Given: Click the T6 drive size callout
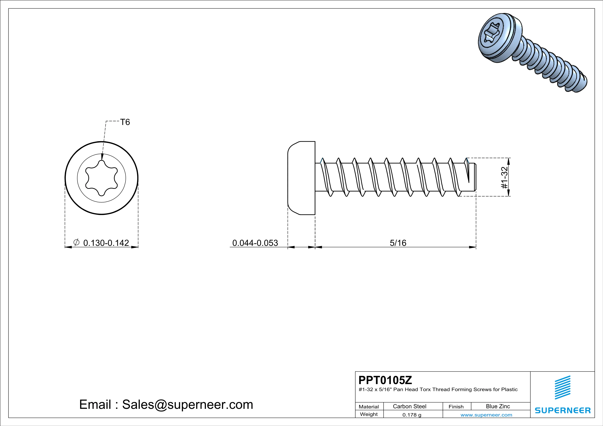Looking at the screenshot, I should point(125,122).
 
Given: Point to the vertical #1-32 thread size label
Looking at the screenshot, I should point(504,178).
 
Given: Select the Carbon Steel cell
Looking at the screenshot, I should point(409,406).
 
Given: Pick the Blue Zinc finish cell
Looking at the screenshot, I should point(498,406).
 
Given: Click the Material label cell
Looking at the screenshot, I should point(369,407).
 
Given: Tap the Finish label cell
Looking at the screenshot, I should point(456,407).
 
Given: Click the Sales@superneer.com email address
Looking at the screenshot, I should point(188,405).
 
